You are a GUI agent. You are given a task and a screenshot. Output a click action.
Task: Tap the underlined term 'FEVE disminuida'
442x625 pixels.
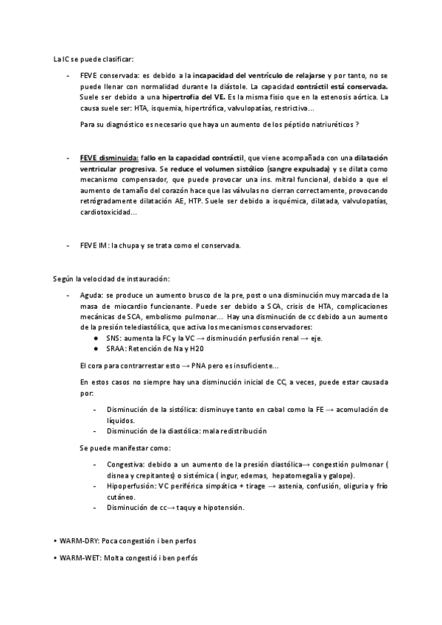coord(108,158)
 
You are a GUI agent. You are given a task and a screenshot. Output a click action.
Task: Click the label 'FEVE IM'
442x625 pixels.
coord(94,245)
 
